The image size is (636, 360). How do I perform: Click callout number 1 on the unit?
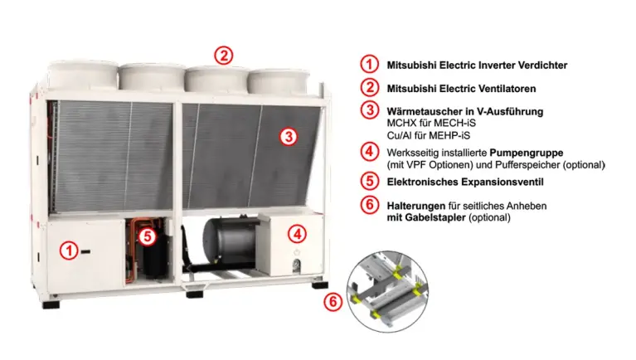[x=69, y=251]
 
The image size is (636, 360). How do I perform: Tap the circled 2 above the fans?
[x=224, y=56]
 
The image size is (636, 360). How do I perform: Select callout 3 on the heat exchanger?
[x=289, y=137]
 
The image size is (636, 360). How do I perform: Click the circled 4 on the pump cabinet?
[x=297, y=234]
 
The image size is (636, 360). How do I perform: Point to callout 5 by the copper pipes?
[x=148, y=236]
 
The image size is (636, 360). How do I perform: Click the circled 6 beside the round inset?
[x=333, y=302]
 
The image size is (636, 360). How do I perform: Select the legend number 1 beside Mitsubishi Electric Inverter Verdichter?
[x=369, y=64]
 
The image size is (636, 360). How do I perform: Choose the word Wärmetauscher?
[x=420, y=111]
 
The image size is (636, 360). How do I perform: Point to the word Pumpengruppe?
[x=527, y=153]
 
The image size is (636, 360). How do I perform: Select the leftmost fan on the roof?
[x=83, y=75]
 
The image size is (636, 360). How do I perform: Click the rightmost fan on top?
[x=279, y=81]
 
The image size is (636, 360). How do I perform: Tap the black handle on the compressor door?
[x=85, y=251]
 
